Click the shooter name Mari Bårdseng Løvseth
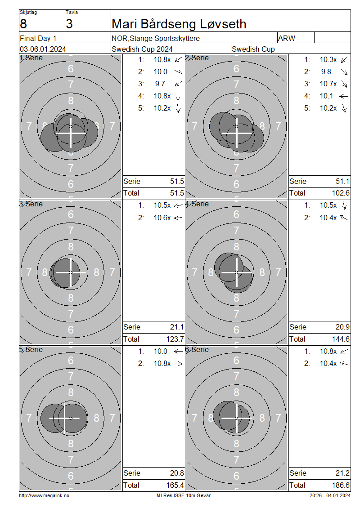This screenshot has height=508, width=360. click(x=179, y=24)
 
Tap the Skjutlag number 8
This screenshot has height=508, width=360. click(x=23, y=24)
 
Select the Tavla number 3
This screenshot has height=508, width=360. click(x=69, y=24)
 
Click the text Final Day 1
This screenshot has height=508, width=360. click(x=38, y=38)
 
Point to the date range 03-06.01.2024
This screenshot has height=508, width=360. click(x=43, y=49)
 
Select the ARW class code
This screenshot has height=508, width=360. click(x=287, y=38)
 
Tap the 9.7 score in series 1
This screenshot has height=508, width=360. click(x=160, y=84)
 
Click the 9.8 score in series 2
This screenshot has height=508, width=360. click(x=326, y=71)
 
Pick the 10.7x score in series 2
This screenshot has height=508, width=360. click(x=328, y=84)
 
